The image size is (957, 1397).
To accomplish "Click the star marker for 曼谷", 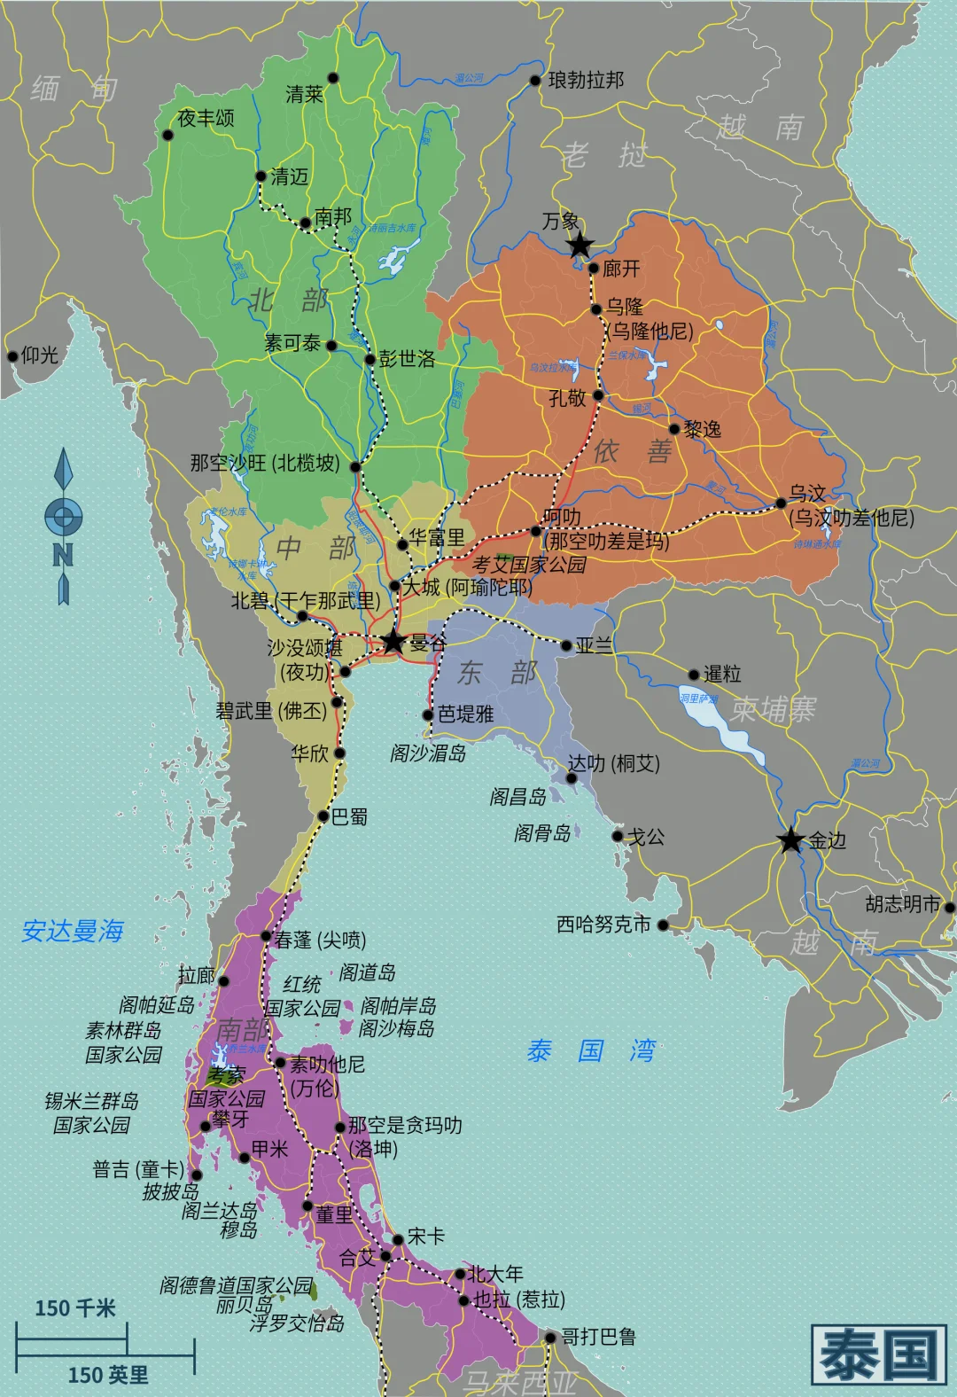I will pos(393,641).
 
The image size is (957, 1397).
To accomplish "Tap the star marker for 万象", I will pos(579,245).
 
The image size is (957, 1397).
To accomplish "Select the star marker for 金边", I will pos(790,839).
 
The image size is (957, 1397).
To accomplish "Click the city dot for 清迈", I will pos(261,176).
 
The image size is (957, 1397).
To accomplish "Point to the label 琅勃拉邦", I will pos(586,81).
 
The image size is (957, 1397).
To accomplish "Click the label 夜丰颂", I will pos(206,118).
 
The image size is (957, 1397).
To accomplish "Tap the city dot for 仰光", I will pos(12,356).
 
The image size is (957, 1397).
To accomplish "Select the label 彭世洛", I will pos(407,359).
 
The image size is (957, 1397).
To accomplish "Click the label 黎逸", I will pos(703,430).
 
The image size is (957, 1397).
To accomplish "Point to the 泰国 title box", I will pos(878,1354).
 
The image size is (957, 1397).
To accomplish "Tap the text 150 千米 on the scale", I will pos(75,1308).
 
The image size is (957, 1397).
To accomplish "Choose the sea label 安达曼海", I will pos(73,931).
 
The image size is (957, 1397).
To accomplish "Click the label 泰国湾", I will pos(591,1051).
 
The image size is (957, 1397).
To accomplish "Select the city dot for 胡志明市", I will pos(949,907).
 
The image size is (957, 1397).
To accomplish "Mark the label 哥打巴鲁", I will pos(598,1337).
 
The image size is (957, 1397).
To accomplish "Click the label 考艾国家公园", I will pos(529,565).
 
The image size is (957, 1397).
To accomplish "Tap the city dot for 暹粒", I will pos(694,675).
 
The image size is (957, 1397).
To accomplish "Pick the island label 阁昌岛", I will pos(517,797).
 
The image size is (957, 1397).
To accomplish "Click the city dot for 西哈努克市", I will pos(663,925).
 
